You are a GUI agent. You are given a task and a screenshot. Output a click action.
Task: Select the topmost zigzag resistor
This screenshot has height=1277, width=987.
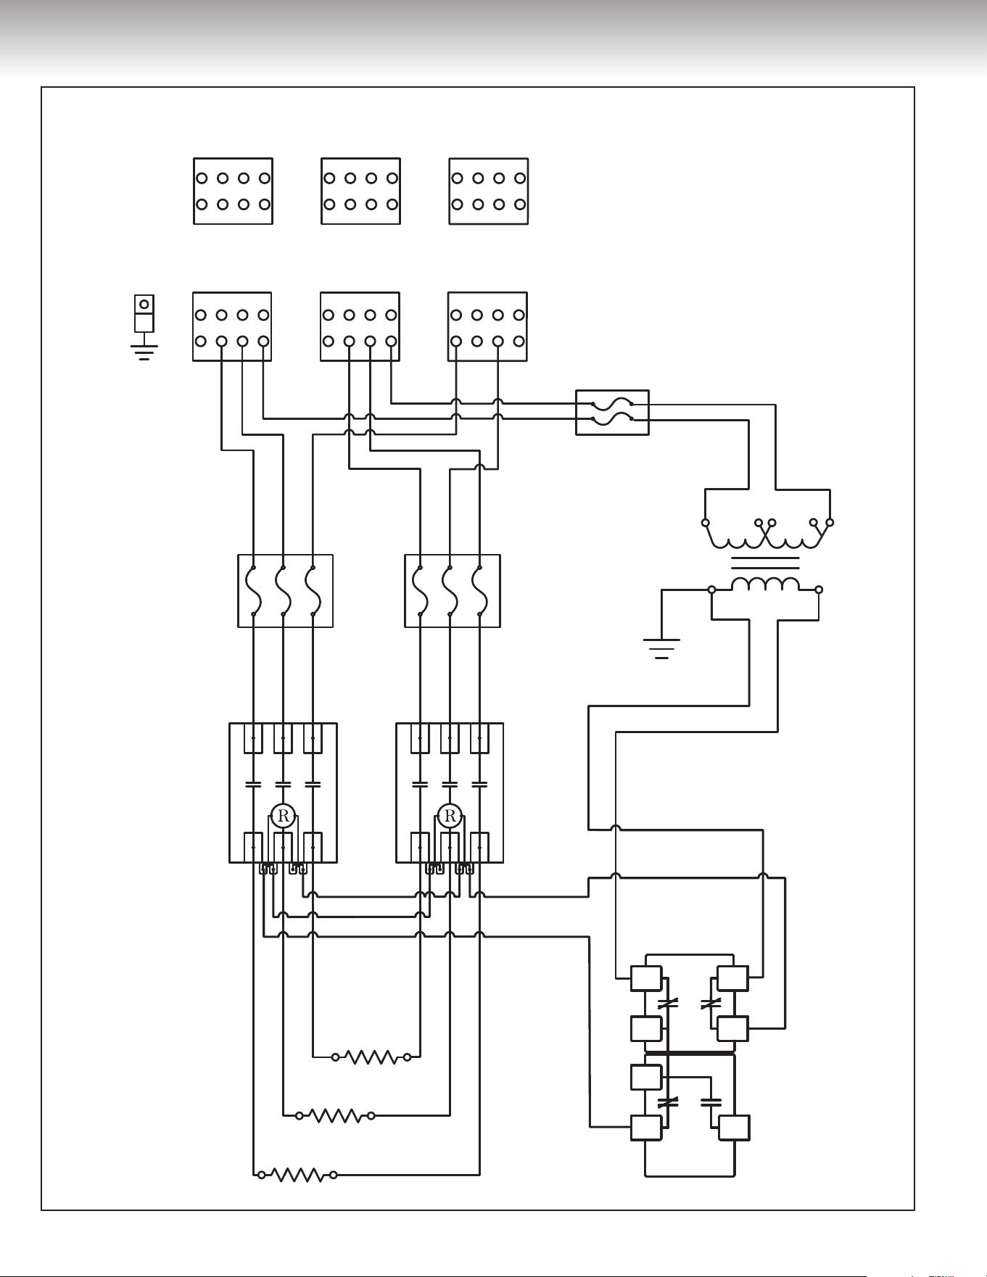(371, 1057)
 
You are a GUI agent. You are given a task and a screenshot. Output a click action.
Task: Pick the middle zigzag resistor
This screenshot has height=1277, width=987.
(335, 1115)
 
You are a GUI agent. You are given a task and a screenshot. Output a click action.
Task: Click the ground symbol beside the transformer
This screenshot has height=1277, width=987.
(661, 648)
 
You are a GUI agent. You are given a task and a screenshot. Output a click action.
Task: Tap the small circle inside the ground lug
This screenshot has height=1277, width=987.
(144, 304)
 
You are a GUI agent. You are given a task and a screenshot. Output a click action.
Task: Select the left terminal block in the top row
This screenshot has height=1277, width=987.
(233, 191)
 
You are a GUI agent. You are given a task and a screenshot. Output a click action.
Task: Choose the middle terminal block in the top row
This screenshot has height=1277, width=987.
(361, 191)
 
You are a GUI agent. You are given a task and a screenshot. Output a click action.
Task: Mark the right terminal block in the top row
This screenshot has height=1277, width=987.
(489, 191)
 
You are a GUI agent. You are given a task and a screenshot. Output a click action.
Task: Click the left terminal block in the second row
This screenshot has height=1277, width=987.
(232, 326)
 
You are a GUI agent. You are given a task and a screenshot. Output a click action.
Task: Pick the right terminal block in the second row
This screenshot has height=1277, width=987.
(487, 326)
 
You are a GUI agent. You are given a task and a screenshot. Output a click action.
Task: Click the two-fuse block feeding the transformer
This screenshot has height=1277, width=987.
(612, 413)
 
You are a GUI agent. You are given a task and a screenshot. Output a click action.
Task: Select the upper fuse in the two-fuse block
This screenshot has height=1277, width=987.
(612, 404)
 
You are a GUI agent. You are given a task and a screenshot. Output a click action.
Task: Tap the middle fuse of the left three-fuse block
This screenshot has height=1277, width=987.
(283, 590)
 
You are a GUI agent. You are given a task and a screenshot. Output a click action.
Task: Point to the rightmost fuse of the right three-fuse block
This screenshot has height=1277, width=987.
(479, 590)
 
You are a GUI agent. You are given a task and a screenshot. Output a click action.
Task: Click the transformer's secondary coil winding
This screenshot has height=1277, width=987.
(765, 584)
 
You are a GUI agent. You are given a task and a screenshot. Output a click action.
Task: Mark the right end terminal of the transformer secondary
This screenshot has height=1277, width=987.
(819, 590)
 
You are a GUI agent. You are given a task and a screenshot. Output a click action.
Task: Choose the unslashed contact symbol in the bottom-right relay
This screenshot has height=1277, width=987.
(711, 1102)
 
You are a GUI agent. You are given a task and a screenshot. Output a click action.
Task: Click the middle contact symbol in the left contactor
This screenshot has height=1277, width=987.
(284, 785)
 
